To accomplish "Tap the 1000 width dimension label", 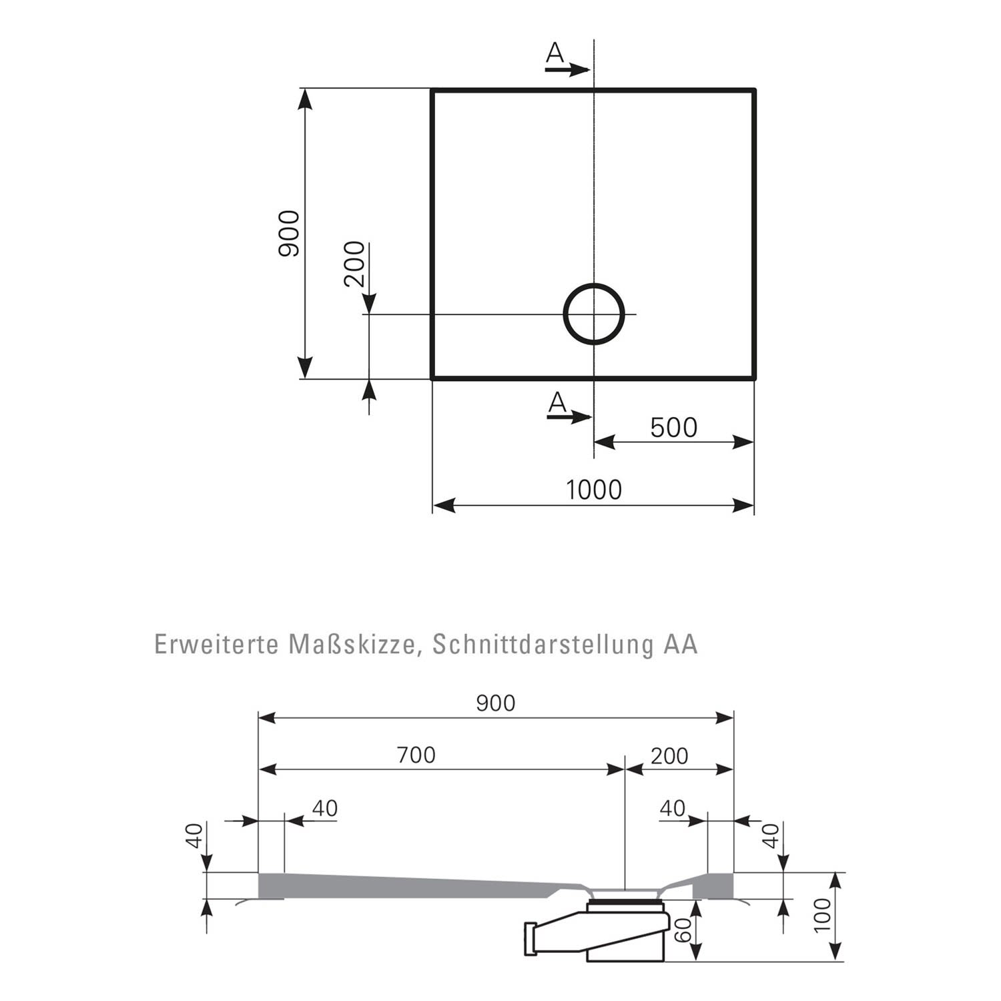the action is click(594, 490).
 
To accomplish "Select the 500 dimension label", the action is click(673, 428).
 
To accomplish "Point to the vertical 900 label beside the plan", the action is click(290, 234).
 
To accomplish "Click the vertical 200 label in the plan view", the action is click(354, 264).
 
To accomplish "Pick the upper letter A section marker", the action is click(555, 52).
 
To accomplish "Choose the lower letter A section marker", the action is click(557, 402).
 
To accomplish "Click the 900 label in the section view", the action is click(496, 703).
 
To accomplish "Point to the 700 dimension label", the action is click(416, 755).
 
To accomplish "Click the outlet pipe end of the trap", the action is click(531, 938).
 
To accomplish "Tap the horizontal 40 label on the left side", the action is click(325, 808).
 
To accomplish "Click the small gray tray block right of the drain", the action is click(713, 886).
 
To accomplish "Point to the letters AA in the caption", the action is click(681, 645).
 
